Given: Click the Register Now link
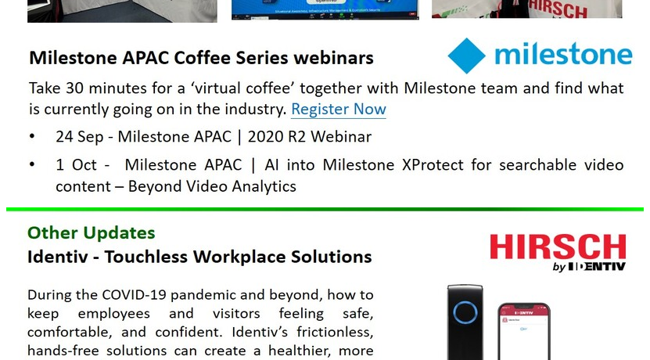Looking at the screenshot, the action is click(x=338, y=109).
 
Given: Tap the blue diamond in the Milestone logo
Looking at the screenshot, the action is click(x=466, y=56).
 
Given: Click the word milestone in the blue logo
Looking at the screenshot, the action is click(x=563, y=54).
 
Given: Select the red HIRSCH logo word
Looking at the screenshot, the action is click(x=558, y=247).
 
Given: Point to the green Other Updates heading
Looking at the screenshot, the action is click(x=92, y=232).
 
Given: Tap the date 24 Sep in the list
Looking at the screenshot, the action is click(x=80, y=137).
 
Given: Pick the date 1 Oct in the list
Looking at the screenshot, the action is click(x=77, y=164).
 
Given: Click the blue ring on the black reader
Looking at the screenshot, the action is click(x=465, y=312).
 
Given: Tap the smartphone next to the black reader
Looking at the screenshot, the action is click(x=524, y=332).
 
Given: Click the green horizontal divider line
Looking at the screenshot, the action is click(x=325, y=210).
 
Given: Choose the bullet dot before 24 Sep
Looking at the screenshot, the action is click(x=32, y=136).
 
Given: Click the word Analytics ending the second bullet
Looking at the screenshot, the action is click(x=264, y=186).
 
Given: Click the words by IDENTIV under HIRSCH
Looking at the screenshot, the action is click(x=589, y=267).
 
